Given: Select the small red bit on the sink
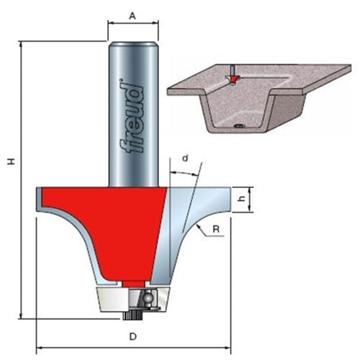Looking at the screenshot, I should point(233,77).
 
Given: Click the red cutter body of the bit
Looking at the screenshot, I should point(108,216).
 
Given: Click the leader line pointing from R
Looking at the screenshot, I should point(203,227).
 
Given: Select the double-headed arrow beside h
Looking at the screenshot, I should point(251,200).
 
